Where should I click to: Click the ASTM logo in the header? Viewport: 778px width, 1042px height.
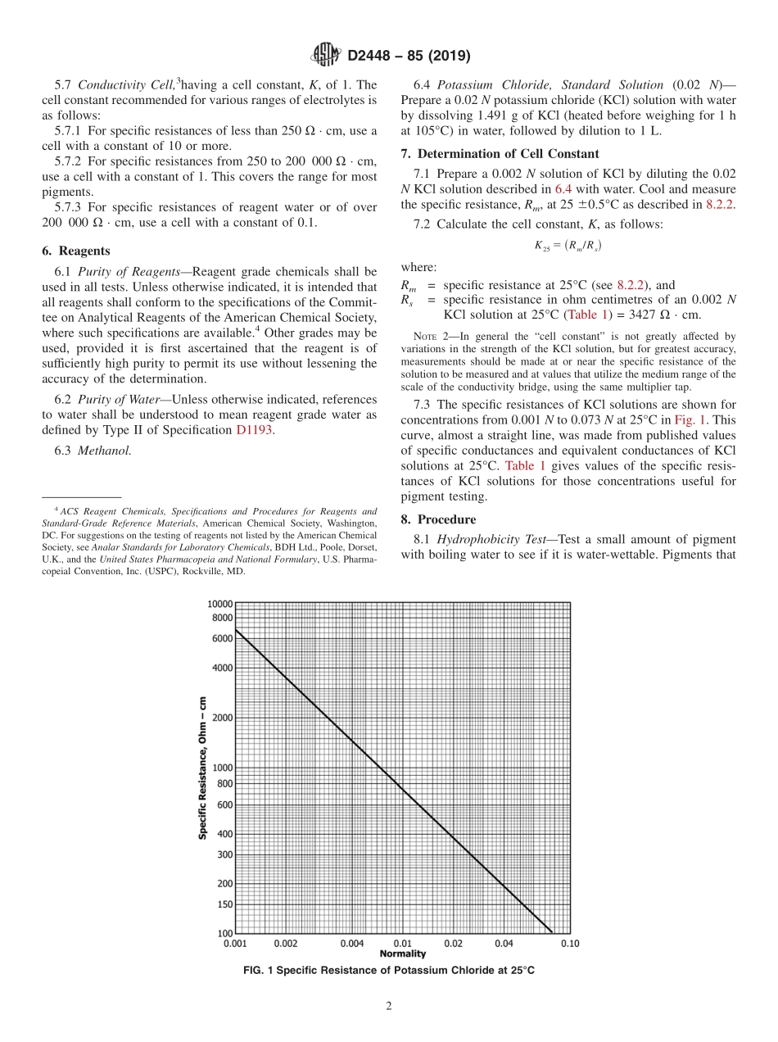click(x=326, y=56)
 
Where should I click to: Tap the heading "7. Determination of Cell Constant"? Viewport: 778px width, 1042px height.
click(x=500, y=153)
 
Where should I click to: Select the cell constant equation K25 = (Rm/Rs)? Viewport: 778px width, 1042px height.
click(x=568, y=244)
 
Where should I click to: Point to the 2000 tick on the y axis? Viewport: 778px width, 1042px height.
click(x=221, y=718)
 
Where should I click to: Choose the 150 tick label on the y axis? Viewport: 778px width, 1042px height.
click(x=224, y=904)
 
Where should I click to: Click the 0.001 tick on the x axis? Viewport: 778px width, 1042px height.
click(x=235, y=944)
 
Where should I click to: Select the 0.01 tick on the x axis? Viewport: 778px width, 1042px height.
click(x=402, y=944)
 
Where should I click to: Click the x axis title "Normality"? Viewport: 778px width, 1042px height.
click(x=402, y=954)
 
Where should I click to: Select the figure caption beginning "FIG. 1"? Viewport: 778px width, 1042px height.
click(x=389, y=970)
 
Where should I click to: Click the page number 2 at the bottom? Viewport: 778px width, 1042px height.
click(x=389, y=1007)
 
